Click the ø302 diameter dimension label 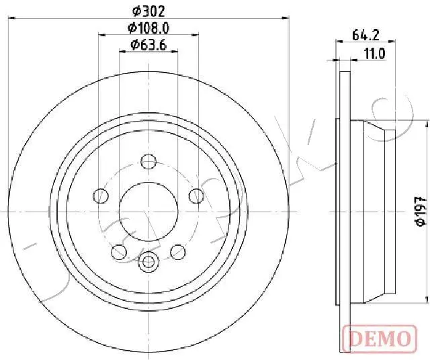coord(148,11)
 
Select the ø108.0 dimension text coord(148,28)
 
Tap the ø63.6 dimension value coord(148,45)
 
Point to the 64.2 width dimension coord(365,35)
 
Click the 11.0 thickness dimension coord(375,54)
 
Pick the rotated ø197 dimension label coord(421,211)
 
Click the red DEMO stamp coord(380,339)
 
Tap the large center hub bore coord(148,212)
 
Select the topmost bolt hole coord(148,161)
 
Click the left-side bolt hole coord(101,196)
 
